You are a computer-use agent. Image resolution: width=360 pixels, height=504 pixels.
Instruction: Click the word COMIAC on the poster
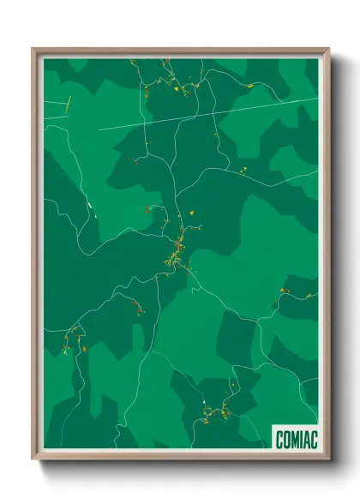(296, 440)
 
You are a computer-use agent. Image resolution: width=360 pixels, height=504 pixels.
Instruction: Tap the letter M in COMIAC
(294, 440)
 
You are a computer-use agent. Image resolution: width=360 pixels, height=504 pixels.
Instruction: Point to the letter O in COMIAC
(286, 440)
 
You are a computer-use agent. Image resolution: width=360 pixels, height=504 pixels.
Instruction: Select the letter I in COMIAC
(300, 440)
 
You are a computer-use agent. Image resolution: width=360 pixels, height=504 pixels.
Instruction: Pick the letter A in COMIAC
(306, 440)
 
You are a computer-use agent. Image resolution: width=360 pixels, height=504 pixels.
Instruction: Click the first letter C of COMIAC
(279, 440)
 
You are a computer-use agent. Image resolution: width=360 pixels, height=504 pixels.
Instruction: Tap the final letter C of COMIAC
(314, 440)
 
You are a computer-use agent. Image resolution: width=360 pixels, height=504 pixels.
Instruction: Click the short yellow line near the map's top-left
(67, 105)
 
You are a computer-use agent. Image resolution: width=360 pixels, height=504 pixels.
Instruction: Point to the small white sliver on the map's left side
(88, 207)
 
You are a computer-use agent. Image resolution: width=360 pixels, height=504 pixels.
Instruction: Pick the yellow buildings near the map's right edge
(285, 292)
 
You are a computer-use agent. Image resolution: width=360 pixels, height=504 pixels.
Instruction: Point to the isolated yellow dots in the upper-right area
(243, 170)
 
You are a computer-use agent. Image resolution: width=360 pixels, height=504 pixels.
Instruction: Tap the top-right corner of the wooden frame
(327, 50)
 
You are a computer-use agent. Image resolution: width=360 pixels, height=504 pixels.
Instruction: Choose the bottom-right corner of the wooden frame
(327, 458)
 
